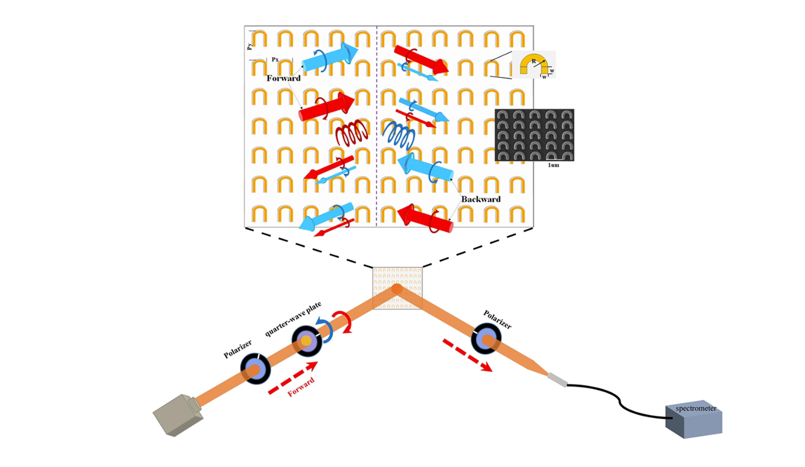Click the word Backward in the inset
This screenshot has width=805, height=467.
[x=481, y=199]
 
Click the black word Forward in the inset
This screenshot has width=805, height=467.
[x=284, y=78]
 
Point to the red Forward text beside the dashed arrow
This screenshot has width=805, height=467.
[x=301, y=387]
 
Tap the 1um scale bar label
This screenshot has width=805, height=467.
[x=554, y=165]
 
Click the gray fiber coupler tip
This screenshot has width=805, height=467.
[x=557, y=380]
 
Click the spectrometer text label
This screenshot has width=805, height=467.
[x=696, y=408]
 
